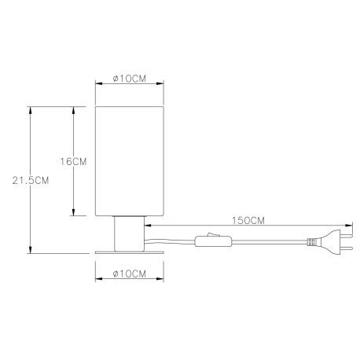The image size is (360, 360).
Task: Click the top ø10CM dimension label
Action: coord(128,79)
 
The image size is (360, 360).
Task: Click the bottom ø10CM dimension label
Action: coord(128,274)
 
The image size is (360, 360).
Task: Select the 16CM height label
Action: coord(73,161)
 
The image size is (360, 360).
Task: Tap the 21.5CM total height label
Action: coord(31,180)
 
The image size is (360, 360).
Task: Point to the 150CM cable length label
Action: coord(248,221)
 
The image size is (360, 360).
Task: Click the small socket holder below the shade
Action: coord(128,233)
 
